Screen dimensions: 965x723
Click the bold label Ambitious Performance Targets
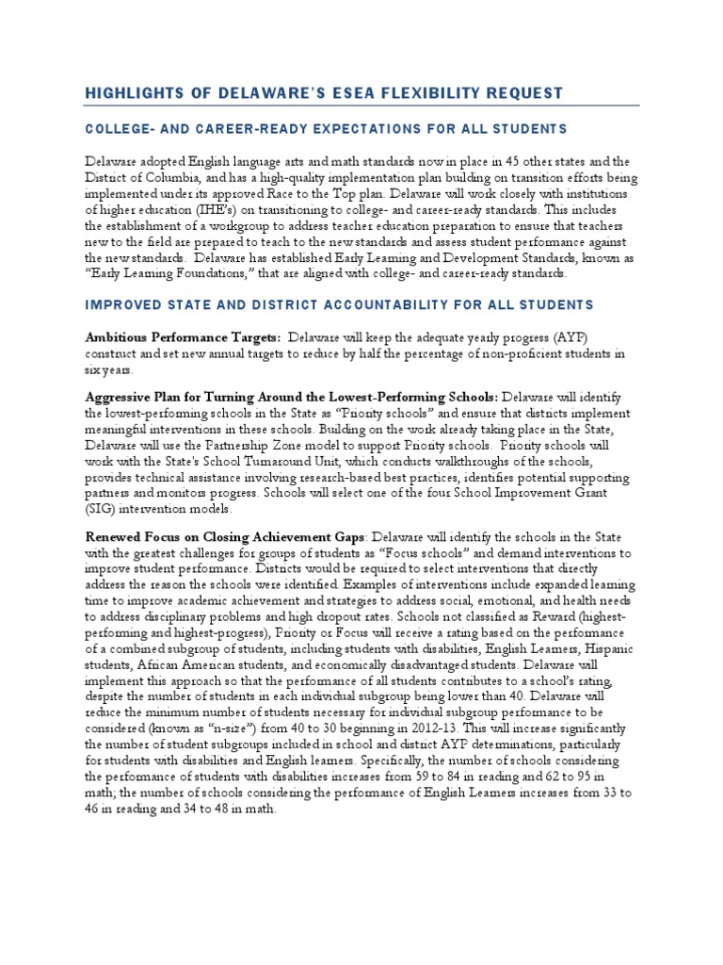click(183, 337)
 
